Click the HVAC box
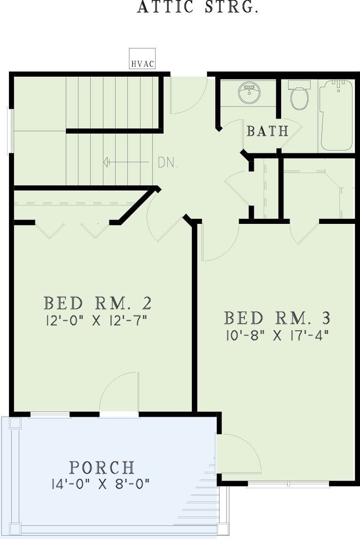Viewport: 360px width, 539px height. click(142, 59)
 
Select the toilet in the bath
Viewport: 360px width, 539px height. click(299, 95)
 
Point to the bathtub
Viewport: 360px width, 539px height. click(337, 115)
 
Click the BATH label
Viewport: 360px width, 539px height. click(267, 131)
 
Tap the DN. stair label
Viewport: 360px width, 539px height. click(168, 162)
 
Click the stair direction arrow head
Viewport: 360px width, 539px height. click(106, 161)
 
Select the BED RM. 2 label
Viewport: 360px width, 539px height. click(98, 303)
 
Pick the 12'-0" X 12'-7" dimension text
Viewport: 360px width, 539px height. click(96, 321)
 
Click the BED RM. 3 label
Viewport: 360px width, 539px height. click(277, 318)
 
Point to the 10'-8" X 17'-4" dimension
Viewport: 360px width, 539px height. click(278, 335)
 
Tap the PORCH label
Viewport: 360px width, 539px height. click(102, 468)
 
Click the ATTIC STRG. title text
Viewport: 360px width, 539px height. click(197, 7)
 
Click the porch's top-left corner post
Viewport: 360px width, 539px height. click(15, 423)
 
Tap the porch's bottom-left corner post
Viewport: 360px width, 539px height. click(15, 529)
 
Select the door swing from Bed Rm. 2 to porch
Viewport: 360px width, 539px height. click(113, 381)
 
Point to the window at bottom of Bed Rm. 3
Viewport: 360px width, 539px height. click(288, 484)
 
